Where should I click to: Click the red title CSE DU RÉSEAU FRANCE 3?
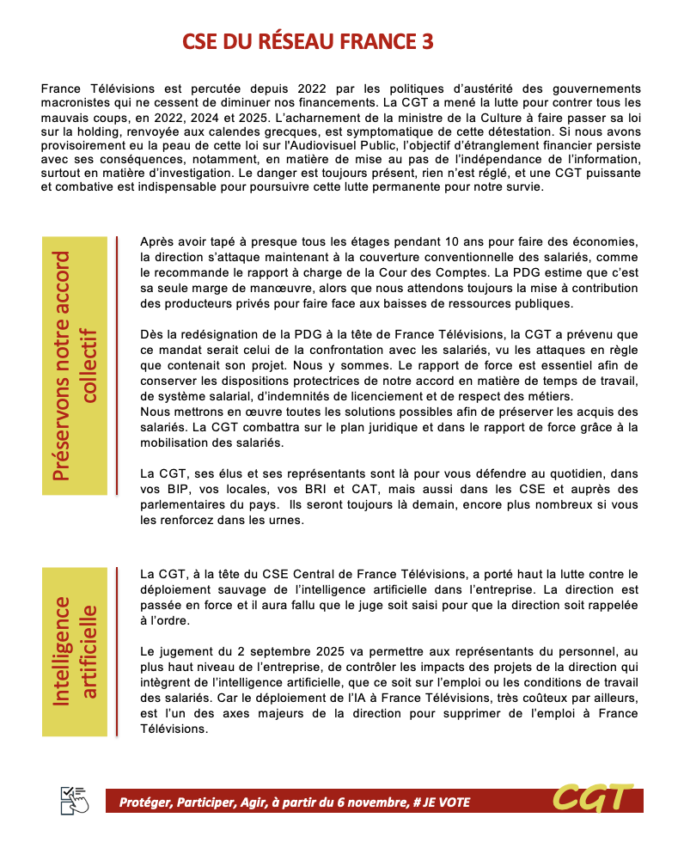308,42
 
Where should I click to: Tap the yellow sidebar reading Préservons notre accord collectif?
76,366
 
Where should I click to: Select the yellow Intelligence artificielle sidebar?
76,650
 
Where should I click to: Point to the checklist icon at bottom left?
74,800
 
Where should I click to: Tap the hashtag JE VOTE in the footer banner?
441,802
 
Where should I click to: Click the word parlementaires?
183,504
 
